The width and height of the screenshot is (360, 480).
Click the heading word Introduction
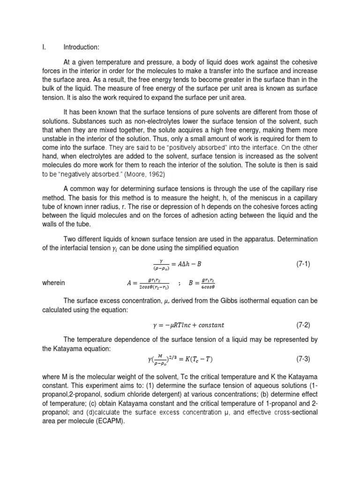(81, 46)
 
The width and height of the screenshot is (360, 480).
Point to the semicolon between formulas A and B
(180, 284)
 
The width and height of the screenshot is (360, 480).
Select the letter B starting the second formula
(190, 284)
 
